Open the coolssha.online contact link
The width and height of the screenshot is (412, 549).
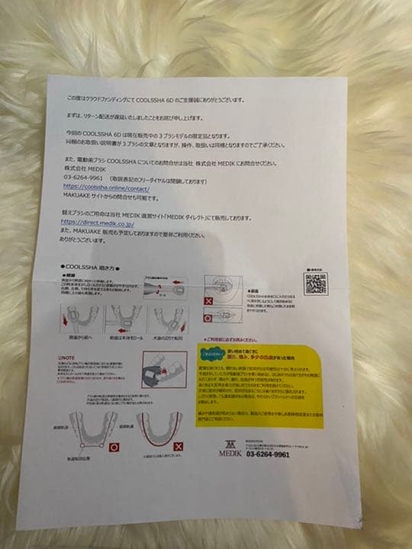click(x=106, y=187)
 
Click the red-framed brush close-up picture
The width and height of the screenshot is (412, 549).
click(x=164, y=369)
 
